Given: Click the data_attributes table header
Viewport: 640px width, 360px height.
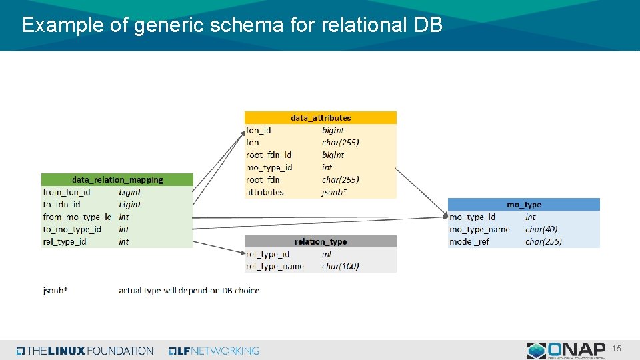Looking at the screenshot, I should (x=321, y=118).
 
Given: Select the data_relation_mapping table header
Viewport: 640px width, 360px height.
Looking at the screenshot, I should (x=117, y=180).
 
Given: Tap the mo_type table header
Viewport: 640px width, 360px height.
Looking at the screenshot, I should (x=524, y=205).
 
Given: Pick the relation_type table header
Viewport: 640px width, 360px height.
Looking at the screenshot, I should (x=321, y=241).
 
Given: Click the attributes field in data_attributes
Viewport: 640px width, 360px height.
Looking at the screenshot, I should (x=265, y=192).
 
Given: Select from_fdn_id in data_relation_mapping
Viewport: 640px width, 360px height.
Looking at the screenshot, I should (x=67, y=192).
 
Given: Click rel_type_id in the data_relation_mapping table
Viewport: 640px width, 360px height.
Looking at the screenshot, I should (x=65, y=241).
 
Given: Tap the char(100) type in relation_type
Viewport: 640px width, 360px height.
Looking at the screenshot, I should (x=340, y=266).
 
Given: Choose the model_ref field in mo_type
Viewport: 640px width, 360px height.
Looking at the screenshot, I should (x=469, y=241).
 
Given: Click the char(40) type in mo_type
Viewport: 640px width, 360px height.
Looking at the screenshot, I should (x=541, y=229).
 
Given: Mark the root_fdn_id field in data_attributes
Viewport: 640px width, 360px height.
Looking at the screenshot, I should (x=269, y=155).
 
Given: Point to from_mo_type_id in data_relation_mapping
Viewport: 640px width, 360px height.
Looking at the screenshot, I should (x=77, y=217).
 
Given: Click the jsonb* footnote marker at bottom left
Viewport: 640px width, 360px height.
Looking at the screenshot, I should (x=55, y=291).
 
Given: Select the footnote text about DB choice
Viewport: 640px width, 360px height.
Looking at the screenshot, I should (x=189, y=291).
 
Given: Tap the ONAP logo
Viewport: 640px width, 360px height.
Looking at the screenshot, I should (x=566, y=350).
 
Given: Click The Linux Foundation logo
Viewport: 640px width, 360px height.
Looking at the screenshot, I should (x=85, y=351).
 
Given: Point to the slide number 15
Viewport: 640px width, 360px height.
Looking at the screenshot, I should (x=617, y=349).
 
